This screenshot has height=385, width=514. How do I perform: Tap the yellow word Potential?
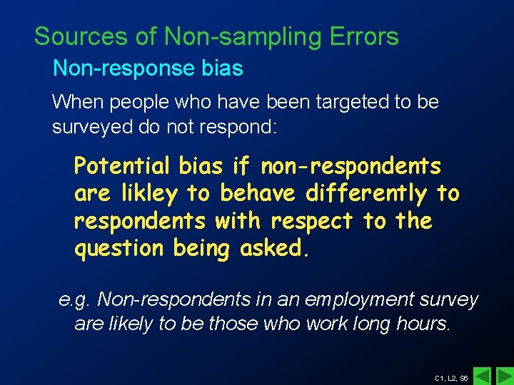click(122, 167)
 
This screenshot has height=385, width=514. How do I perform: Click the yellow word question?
click(119, 249)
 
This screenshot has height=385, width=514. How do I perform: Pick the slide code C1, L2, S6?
click(451, 377)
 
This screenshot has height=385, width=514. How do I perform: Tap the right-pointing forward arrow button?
click(504, 375)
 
